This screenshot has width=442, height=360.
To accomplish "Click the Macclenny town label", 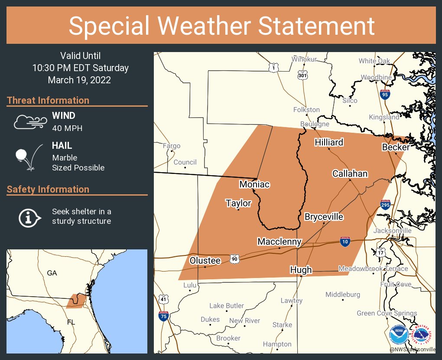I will point(279,242).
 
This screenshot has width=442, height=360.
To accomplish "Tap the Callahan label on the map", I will point(350,173).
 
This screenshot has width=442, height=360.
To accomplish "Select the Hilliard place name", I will point(329,142).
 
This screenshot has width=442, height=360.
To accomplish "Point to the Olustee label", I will point(205,260).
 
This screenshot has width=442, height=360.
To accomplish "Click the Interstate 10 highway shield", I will point(345,242).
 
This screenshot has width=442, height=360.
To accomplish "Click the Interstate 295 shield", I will point(385,205).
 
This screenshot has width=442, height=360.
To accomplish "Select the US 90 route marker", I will point(234,258).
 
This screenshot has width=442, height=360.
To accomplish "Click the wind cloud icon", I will point(29,122).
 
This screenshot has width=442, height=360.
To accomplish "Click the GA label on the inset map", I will point(52,273).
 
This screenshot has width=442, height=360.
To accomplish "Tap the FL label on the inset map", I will point(71,322).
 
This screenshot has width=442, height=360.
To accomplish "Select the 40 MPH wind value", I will point(67,128).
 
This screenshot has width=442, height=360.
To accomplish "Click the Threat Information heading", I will point(48,100).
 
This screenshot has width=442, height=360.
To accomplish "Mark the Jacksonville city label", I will point(392,230).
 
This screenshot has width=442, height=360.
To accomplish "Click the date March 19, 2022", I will point(79,80).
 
